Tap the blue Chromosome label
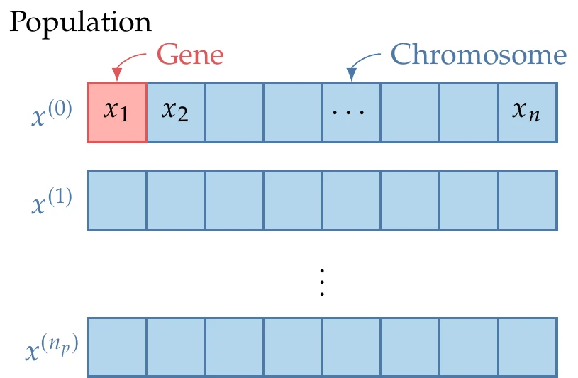[x=479, y=54]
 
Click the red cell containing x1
[x=117, y=112]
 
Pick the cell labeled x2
[x=175, y=112]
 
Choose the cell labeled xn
[x=527, y=112]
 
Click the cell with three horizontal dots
[x=351, y=112]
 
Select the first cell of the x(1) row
[x=117, y=200]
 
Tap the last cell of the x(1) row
[x=527, y=200]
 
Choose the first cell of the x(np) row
[x=117, y=347]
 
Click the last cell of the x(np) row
[x=527, y=347]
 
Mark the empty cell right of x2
[x=234, y=112]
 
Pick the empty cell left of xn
[x=469, y=112]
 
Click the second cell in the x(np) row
[x=175, y=347]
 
